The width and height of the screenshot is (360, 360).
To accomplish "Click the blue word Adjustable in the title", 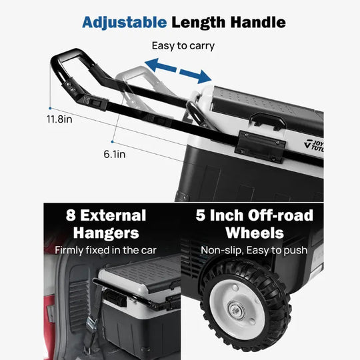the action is [x=124, y=23].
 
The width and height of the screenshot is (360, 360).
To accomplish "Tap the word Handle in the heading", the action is [x=258, y=22].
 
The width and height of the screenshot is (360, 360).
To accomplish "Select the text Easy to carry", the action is [x=183, y=46].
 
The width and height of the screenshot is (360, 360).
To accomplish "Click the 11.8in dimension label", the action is [x=59, y=119].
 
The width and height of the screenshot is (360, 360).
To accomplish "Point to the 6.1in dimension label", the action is [x=115, y=154].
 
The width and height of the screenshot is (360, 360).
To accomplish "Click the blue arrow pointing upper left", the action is [x=161, y=65].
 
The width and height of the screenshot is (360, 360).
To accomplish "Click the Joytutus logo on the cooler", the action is [x=314, y=146].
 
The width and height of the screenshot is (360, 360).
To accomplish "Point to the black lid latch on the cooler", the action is [x=268, y=120].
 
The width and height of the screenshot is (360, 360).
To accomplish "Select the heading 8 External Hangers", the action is [x=106, y=224].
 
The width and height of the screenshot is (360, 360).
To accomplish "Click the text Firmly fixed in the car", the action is [x=105, y=250].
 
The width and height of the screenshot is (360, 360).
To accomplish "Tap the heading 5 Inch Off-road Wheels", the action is [x=255, y=224].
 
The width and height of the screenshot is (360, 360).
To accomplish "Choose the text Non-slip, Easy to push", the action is [x=254, y=250].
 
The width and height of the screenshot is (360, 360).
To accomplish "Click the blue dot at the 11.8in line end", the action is [x=50, y=108].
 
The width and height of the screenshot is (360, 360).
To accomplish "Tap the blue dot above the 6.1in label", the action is [x=112, y=142].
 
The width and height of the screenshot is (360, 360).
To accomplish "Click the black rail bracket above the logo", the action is [x=260, y=146].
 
